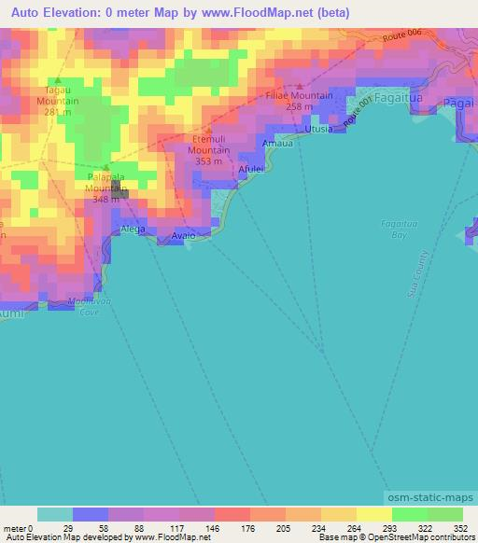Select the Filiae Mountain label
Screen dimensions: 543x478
[298, 95]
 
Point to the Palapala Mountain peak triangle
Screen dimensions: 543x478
[105, 168]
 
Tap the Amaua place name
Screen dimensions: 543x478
[277, 144]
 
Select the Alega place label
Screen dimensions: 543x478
[133, 229]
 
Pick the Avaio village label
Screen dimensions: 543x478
[184, 236]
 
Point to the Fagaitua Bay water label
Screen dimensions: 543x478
[399, 230]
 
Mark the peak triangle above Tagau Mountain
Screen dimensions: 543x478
[57, 80]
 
